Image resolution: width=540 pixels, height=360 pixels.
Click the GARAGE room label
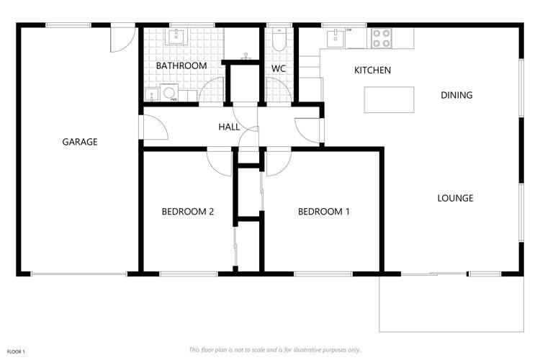click(79, 142)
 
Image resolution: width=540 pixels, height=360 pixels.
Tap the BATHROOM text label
click(181, 66)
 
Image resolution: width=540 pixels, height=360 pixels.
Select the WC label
click(279, 69)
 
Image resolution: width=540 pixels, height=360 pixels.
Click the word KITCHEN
click(372, 71)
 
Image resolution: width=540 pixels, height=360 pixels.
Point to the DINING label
click(456, 95)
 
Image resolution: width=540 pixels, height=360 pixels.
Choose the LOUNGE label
click(455, 198)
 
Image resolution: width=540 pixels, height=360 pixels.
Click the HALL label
click(229, 127)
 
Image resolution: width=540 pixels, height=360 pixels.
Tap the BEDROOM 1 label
click(324, 212)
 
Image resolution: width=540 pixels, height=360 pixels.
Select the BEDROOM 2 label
click(187, 212)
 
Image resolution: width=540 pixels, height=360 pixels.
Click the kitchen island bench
click(390, 99)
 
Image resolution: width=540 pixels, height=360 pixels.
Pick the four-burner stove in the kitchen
click(382, 37)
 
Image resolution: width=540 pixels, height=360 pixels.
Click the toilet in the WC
click(279, 41)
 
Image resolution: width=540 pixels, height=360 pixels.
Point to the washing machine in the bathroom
click(170, 93)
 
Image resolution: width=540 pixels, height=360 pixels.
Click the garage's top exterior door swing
click(121, 40)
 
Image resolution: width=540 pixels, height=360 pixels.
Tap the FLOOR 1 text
click(16, 351)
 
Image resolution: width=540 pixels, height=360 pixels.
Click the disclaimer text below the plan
click(274, 350)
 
